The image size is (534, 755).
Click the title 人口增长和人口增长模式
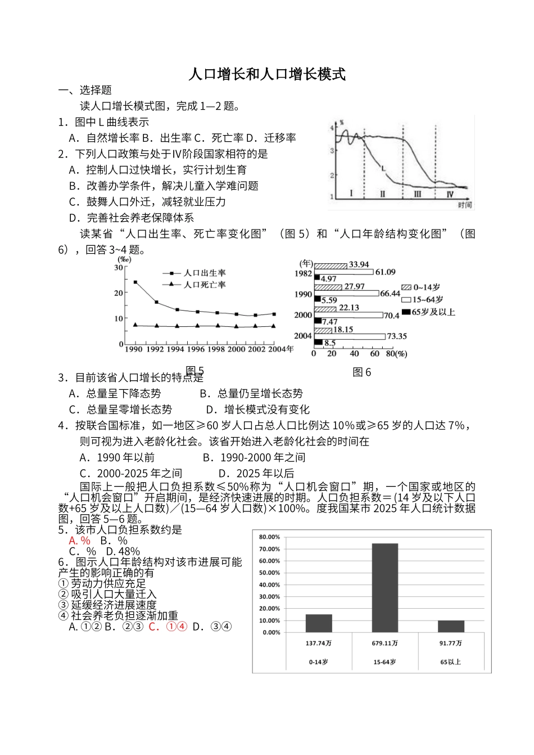pyautogui.click(x=266, y=74)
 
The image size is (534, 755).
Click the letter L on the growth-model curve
pyautogui.click(x=383, y=168)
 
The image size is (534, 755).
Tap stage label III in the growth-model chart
pyautogui.click(x=417, y=194)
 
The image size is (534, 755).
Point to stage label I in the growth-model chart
pyautogui.click(x=351, y=194)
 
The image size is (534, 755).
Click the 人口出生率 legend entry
pyautogui.click(x=204, y=272)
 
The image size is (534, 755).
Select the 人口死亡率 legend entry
pyautogui.click(x=204, y=285)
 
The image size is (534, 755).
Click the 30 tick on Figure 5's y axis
pyautogui.click(x=119, y=267)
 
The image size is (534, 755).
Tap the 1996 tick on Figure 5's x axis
pyautogui.click(x=197, y=349)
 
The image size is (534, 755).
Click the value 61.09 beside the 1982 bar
pyautogui.click(x=386, y=272)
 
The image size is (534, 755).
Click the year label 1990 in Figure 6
pyautogui.click(x=303, y=294)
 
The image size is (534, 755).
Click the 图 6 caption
pyautogui.click(x=362, y=372)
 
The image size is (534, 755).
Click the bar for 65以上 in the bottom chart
pyautogui.click(x=451, y=626)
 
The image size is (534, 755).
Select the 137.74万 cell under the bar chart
pyautogui.click(x=319, y=643)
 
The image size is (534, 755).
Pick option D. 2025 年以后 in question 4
pyautogui.click(x=256, y=474)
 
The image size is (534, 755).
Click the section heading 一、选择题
pyautogui.click(x=85, y=90)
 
